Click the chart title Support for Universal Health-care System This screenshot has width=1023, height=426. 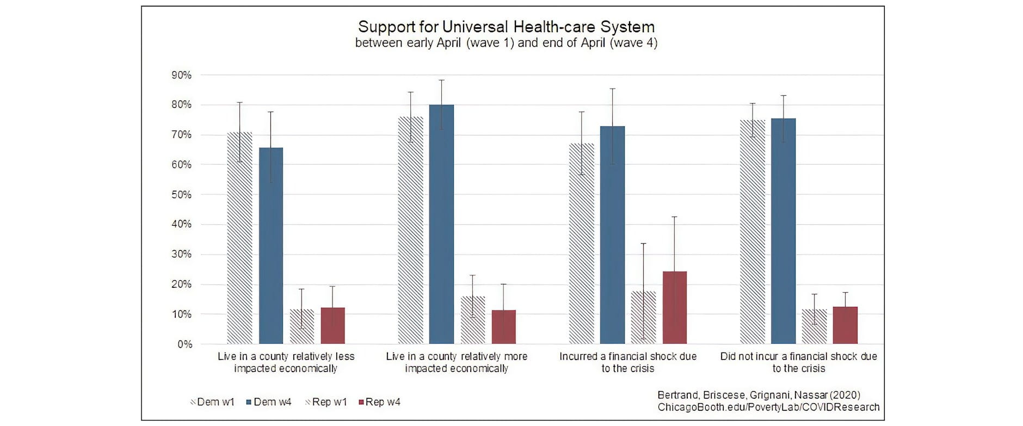pyautogui.click(x=506, y=27)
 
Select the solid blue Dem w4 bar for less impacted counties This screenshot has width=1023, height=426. pyautogui.click(x=271, y=245)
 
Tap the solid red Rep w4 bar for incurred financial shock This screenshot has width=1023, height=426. pyautogui.click(x=675, y=307)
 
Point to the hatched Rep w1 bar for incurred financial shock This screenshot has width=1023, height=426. pyautogui.click(x=644, y=318)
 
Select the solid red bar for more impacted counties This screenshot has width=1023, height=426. pyautogui.click(x=504, y=327)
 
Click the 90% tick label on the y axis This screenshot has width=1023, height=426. pyautogui.click(x=182, y=75)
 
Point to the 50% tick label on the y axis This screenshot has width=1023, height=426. pyautogui.click(x=182, y=195)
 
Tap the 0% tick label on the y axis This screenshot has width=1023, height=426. pyautogui.click(x=184, y=344)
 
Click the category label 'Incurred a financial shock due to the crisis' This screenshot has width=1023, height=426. pyautogui.click(x=628, y=362)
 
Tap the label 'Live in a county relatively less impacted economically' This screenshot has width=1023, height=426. pyautogui.click(x=286, y=362)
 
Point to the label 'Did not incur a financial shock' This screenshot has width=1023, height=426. pyautogui.click(x=799, y=362)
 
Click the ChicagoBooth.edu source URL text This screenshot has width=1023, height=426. pyautogui.click(x=768, y=408)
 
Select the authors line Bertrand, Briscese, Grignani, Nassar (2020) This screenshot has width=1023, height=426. pyautogui.click(x=759, y=396)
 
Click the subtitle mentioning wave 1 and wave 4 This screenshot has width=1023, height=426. pyautogui.click(x=506, y=43)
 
